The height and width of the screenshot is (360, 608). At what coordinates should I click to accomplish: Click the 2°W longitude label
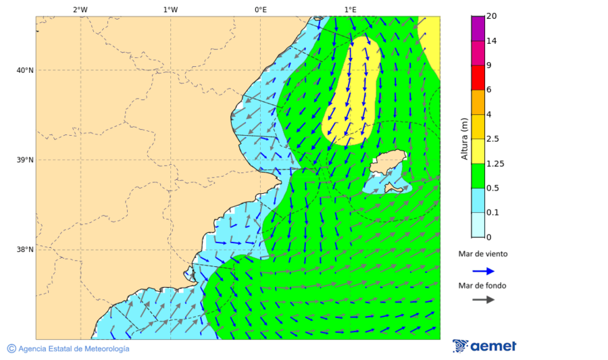pyautogui.click(x=80, y=9)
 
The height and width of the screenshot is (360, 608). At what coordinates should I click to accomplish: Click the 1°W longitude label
pyautogui.click(x=170, y=9)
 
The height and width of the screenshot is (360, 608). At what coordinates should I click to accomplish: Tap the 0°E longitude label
pyautogui.click(x=260, y=9)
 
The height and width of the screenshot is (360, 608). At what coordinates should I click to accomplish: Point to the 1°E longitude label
pyautogui.click(x=350, y=9)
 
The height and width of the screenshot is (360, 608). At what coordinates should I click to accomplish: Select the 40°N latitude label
pyautogui.click(x=24, y=70)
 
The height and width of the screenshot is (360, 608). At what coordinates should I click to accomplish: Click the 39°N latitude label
pyautogui.click(x=24, y=160)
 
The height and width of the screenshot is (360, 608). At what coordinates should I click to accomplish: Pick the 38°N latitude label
pyautogui.click(x=24, y=250)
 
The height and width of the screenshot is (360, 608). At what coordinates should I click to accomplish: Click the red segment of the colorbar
pyautogui.click(x=478, y=77)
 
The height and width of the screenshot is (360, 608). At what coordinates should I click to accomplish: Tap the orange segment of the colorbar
pyautogui.click(x=478, y=102)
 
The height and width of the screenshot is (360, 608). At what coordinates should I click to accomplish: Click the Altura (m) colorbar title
pyautogui.click(x=464, y=138)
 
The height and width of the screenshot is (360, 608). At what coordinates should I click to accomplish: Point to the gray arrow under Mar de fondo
pyautogui.click(x=483, y=300)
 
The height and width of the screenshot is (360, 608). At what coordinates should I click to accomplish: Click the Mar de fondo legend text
pyautogui.click(x=482, y=286)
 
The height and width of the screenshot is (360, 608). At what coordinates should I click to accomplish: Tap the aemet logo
pyautogui.click(x=484, y=346)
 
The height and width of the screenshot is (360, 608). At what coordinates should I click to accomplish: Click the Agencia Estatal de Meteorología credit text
pyautogui.click(x=73, y=349)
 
